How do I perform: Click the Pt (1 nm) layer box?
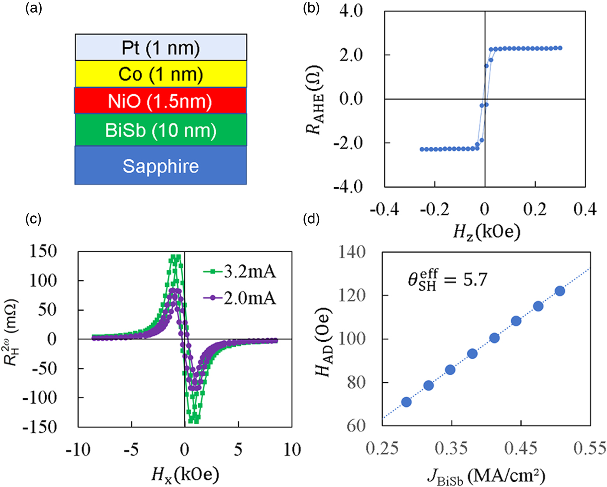click(161, 48)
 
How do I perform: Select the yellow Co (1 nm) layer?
click(161, 74)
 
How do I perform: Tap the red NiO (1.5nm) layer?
click(160, 101)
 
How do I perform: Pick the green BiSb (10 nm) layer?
click(161, 130)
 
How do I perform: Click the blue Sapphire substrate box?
click(160, 166)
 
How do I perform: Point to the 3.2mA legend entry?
click(240, 272)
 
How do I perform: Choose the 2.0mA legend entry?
click(240, 298)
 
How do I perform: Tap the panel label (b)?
click(311, 8)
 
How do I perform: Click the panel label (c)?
click(33, 219)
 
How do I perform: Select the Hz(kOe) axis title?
click(486, 232)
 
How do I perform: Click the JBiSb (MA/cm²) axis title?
click(486, 476)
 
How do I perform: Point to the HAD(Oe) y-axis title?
click(324, 342)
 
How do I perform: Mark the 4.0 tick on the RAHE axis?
click(351, 11)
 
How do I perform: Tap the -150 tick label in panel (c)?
click(40, 427)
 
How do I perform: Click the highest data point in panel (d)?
click(560, 291)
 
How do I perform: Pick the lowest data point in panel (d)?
click(406, 402)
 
